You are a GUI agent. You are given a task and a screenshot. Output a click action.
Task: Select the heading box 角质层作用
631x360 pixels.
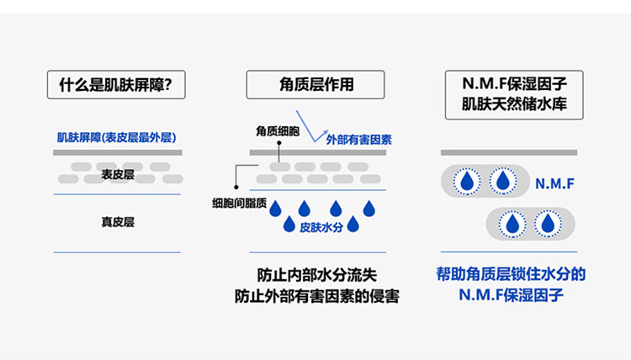click(315, 85)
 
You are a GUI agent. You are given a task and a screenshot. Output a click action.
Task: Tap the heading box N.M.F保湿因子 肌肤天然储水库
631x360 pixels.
click(509, 94)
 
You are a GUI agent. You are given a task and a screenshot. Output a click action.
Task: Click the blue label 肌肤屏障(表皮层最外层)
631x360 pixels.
click(116, 137)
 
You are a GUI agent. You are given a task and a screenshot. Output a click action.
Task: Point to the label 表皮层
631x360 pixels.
click(118, 175)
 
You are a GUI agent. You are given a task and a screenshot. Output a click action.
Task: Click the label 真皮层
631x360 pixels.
click(118, 222)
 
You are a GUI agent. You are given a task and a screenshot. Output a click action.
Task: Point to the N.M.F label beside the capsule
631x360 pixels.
click(553, 181)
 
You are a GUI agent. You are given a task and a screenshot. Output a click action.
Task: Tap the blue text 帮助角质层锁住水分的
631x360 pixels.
click(509, 274)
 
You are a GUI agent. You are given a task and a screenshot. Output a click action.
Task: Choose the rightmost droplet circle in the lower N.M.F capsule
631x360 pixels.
click(548, 224)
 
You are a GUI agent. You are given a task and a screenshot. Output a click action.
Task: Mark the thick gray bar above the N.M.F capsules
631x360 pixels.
click(508, 152)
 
